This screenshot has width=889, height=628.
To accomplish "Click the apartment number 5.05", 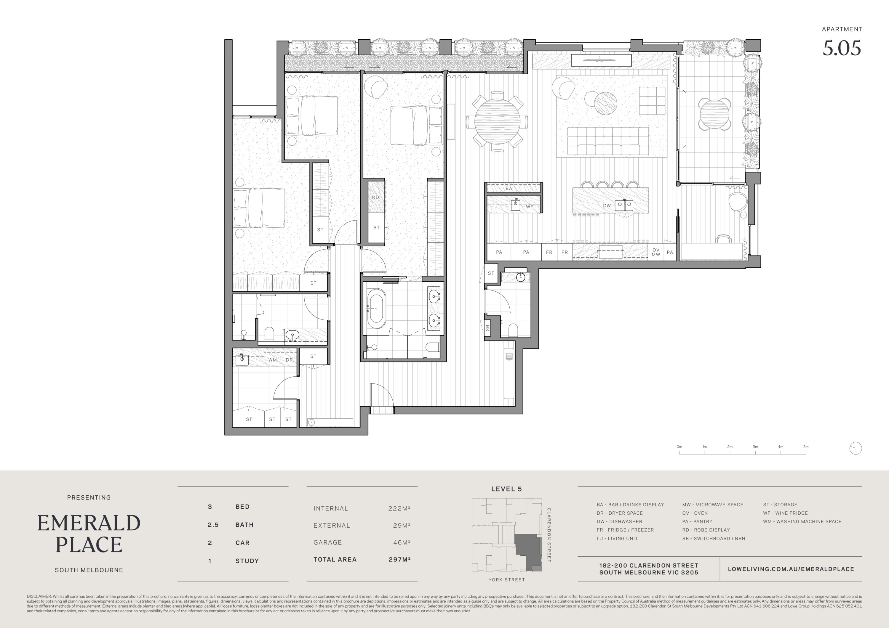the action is [x=842, y=48].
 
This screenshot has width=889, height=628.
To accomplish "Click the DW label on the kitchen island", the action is [x=606, y=206].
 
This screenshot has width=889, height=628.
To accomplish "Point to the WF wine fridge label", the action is [x=529, y=207].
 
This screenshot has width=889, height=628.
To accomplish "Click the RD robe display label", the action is [x=375, y=197].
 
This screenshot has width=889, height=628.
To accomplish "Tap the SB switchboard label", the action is [x=487, y=328].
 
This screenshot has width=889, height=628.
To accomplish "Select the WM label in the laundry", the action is [x=273, y=360].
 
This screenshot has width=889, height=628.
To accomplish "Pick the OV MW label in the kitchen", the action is [x=655, y=252].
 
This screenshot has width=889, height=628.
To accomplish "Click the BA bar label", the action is [x=509, y=188].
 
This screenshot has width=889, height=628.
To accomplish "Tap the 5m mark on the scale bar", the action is [x=806, y=447].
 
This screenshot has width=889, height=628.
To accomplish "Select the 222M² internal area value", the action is [x=399, y=508].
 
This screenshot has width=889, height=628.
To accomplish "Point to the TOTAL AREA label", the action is [x=335, y=560].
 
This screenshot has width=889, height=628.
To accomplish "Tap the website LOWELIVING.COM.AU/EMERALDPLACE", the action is [x=791, y=569].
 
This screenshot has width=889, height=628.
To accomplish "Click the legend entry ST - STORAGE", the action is [x=780, y=505].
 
